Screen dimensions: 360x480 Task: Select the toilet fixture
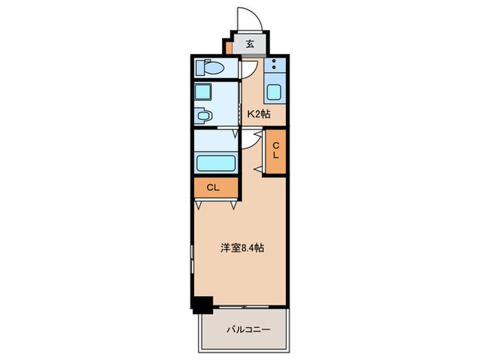pos(208,69)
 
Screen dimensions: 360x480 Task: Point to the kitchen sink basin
pos(276,92)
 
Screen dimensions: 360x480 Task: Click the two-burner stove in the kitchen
pos(276,67)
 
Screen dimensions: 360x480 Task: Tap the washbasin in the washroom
pos(202,116)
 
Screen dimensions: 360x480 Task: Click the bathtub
pos(216,163)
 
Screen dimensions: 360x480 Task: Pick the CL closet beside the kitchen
pos(276,150)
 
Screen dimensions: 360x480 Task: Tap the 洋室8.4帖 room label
pos(241,248)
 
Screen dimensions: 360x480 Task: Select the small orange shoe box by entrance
pos(228,48)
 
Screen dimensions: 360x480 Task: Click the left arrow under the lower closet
pos(198,204)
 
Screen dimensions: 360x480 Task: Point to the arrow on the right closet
pos(259,168)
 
